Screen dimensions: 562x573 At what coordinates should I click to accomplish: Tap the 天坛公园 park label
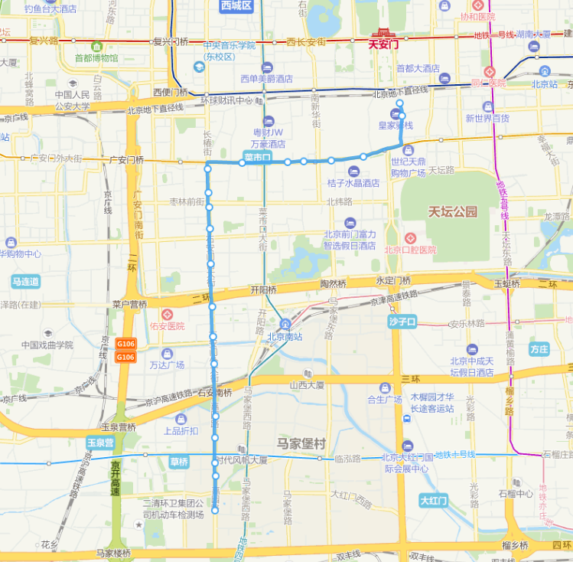(x=452, y=212)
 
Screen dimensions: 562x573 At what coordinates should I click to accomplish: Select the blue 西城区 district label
(x=236, y=6)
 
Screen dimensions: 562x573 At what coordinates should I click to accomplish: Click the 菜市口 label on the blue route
(x=258, y=157)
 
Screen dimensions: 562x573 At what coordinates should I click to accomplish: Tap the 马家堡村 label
(x=301, y=443)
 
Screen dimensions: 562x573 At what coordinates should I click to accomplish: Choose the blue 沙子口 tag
(x=402, y=321)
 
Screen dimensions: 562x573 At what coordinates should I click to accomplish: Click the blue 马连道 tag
(x=25, y=282)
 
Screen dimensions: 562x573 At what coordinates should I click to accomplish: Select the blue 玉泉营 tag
(x=100, y=443)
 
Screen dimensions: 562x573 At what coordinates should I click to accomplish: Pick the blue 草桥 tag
(x=179, y=462)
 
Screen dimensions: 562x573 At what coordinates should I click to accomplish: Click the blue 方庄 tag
(x=539, y=349)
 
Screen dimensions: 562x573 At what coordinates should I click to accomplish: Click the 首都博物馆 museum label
(x=96, y=57)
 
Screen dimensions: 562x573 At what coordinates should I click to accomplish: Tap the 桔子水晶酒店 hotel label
(x=353, y=183)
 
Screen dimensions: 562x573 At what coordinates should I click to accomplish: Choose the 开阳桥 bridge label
(x=263, y=290)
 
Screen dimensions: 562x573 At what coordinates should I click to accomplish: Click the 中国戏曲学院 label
(x=47, y=345)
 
